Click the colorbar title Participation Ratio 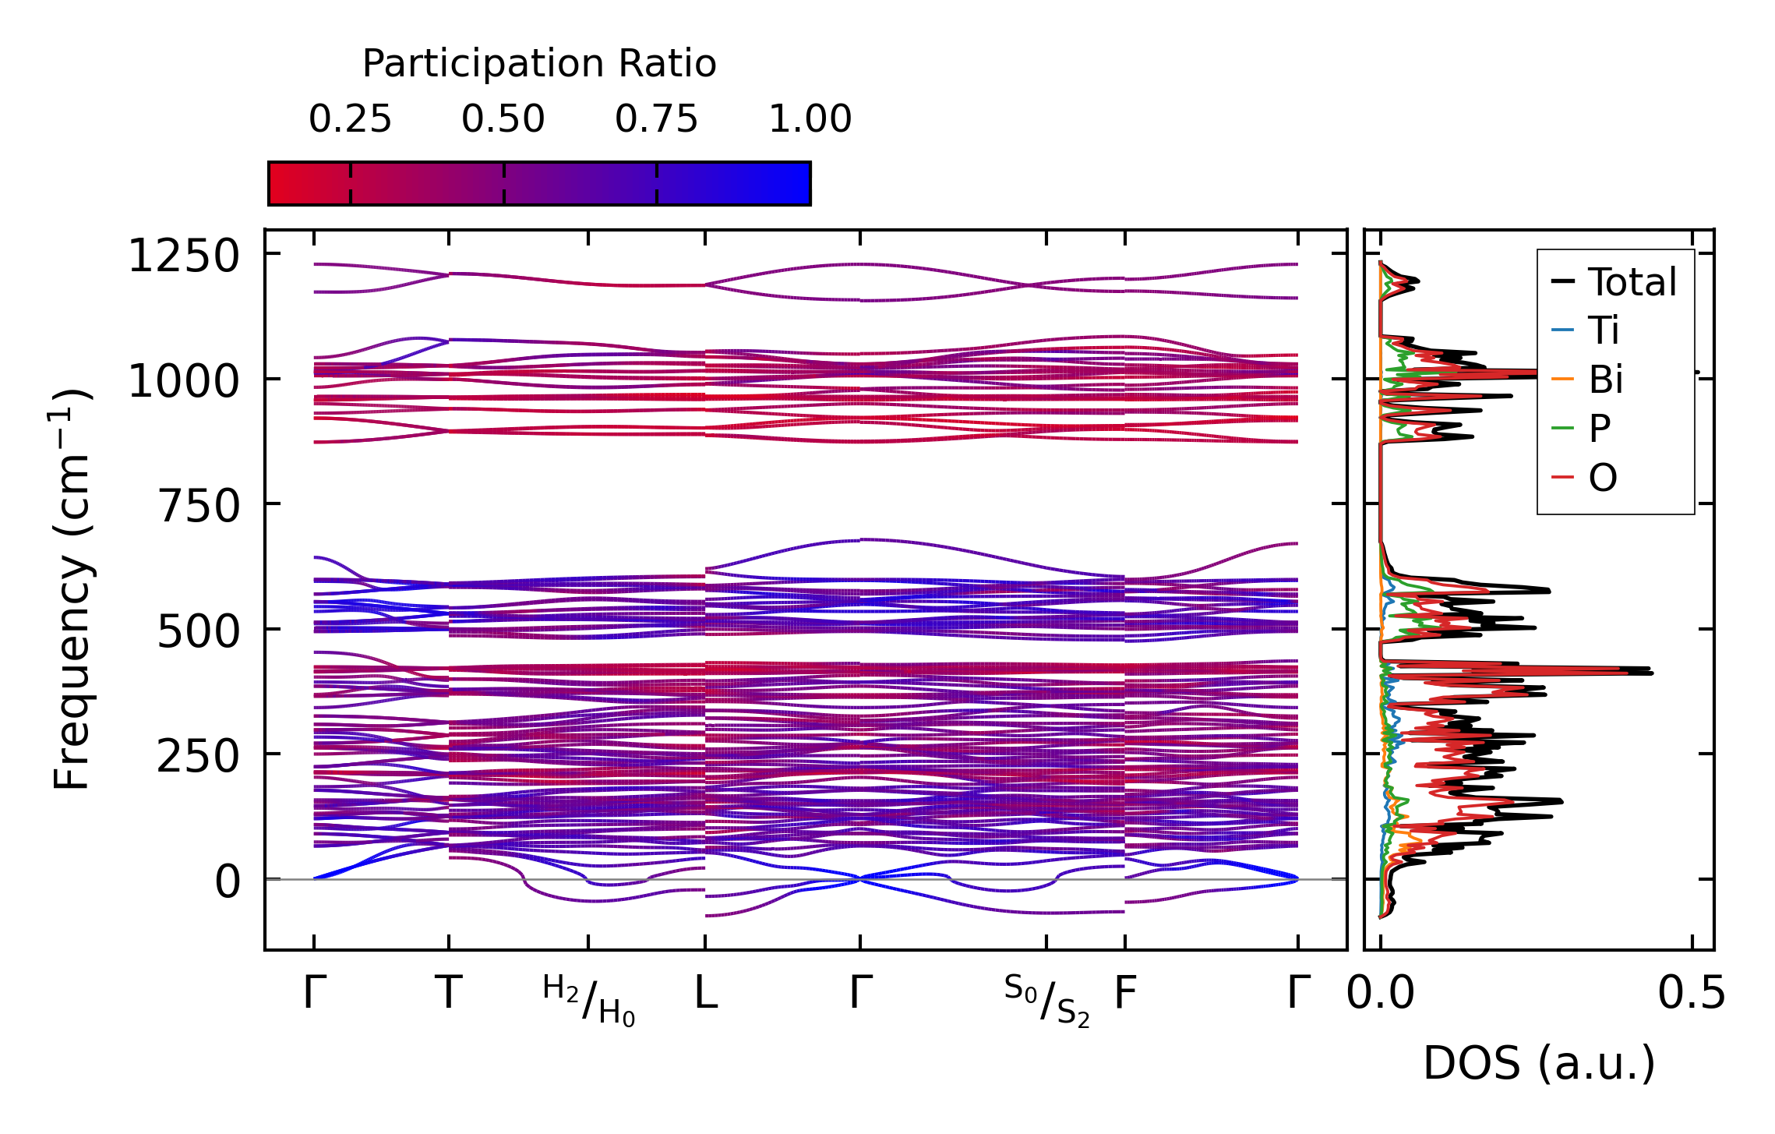[539, 64]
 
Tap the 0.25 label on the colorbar [350, 119]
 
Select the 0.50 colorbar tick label [503, 119]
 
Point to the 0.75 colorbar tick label [657, 119]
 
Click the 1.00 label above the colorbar [810, 119]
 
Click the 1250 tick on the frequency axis [184, 256]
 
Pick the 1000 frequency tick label [184, 382]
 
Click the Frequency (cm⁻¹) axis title [72, 589]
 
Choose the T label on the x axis [449, 994]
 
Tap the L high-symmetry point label [706, 994]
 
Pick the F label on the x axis [1125, 994]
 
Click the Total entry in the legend [1632, 282]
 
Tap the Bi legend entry [1606, 380]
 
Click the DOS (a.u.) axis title [1539, 1063]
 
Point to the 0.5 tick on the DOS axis [1692, 994]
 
